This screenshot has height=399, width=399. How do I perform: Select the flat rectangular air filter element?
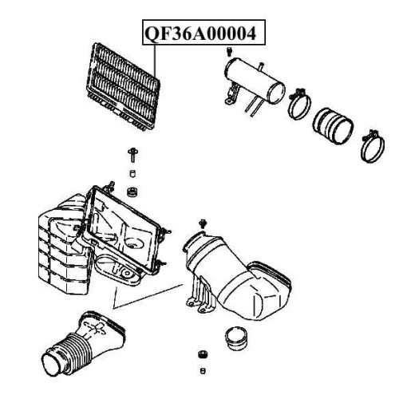[123, 87]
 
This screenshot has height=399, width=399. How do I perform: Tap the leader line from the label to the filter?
[155, 61]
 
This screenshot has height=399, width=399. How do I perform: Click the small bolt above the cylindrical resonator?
[228, 52]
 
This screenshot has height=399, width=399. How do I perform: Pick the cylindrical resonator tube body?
[255, 81]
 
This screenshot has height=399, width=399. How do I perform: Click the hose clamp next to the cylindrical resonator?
[300, 104]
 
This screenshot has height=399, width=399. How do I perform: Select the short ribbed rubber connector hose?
[333, 126]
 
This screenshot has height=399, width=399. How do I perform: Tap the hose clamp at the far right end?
[373, 146]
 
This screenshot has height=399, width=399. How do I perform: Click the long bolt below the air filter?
[132, 156]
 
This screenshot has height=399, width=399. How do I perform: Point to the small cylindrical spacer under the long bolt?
[132, 174]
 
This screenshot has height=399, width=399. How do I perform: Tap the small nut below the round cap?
[203, 354]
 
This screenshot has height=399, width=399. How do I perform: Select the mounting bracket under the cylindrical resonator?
[232, 93]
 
